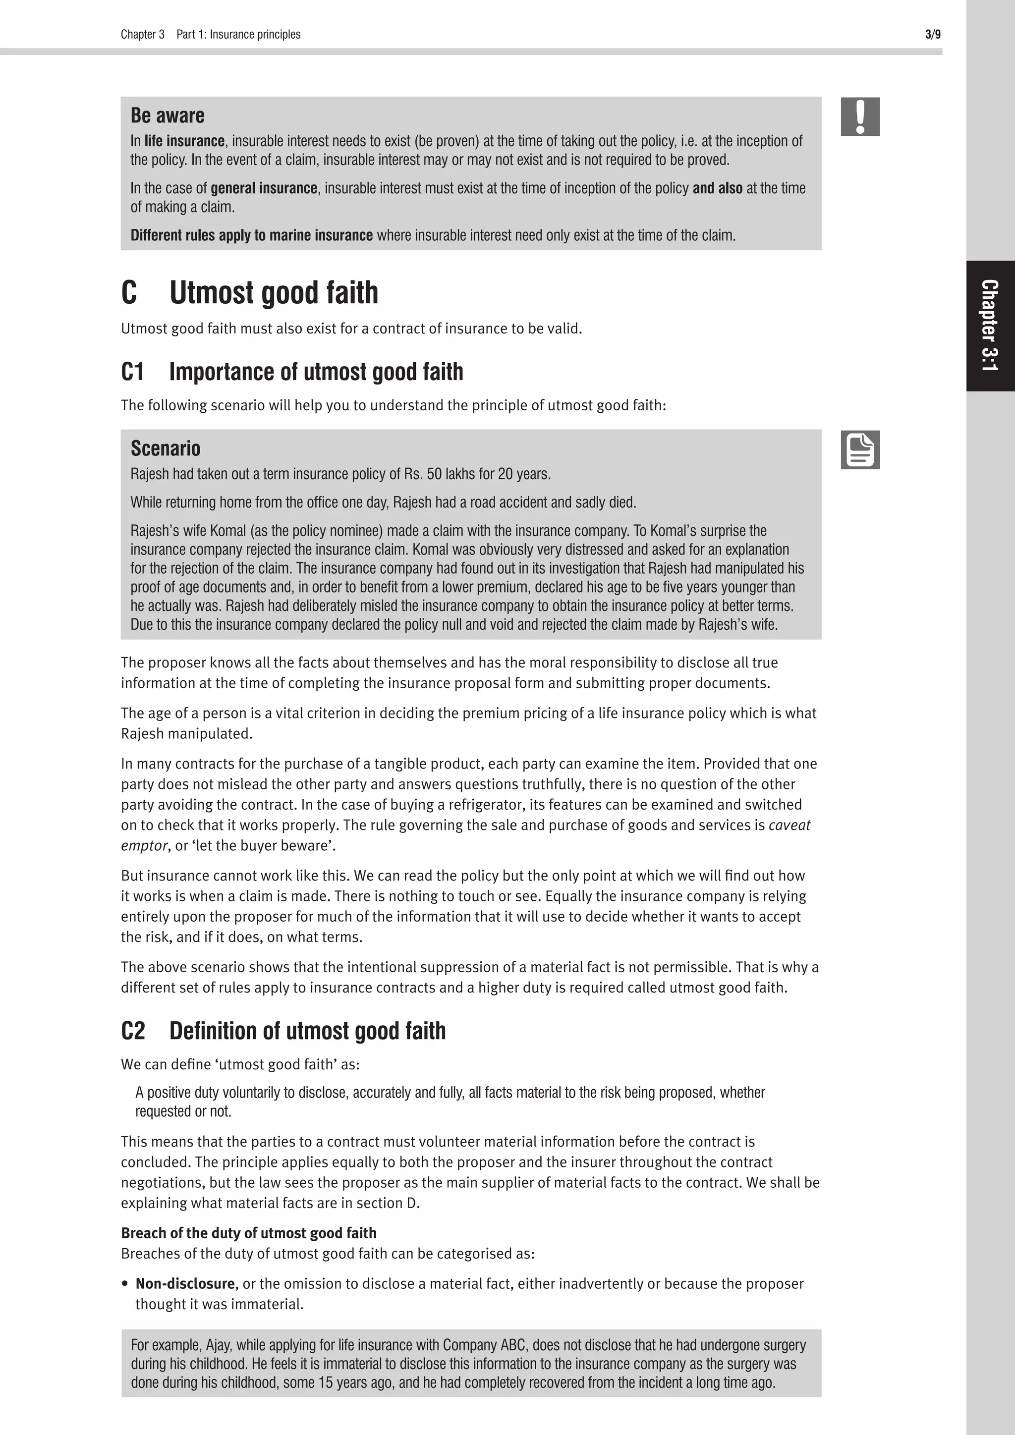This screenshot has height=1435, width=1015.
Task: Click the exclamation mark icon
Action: pyautogui.click(x=860, y=117)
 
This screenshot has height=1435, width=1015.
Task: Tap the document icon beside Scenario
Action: pyautogui.click(x=860, y=449)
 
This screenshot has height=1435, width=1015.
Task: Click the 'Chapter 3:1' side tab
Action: pyautogui.click(x=990, y=326)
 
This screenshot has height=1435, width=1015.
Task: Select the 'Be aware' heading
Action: pyautogui.click(x=168, y=115)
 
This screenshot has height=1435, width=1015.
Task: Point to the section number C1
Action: pyautogui.click(x=132, y=372)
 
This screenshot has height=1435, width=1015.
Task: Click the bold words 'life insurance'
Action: pyautogui.click(x=184, y=141)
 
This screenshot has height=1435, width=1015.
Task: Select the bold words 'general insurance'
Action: pyautogui.click(x=264, y=188)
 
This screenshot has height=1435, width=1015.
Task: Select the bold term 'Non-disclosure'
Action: pyautogui.click(x=186, y=1284)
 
